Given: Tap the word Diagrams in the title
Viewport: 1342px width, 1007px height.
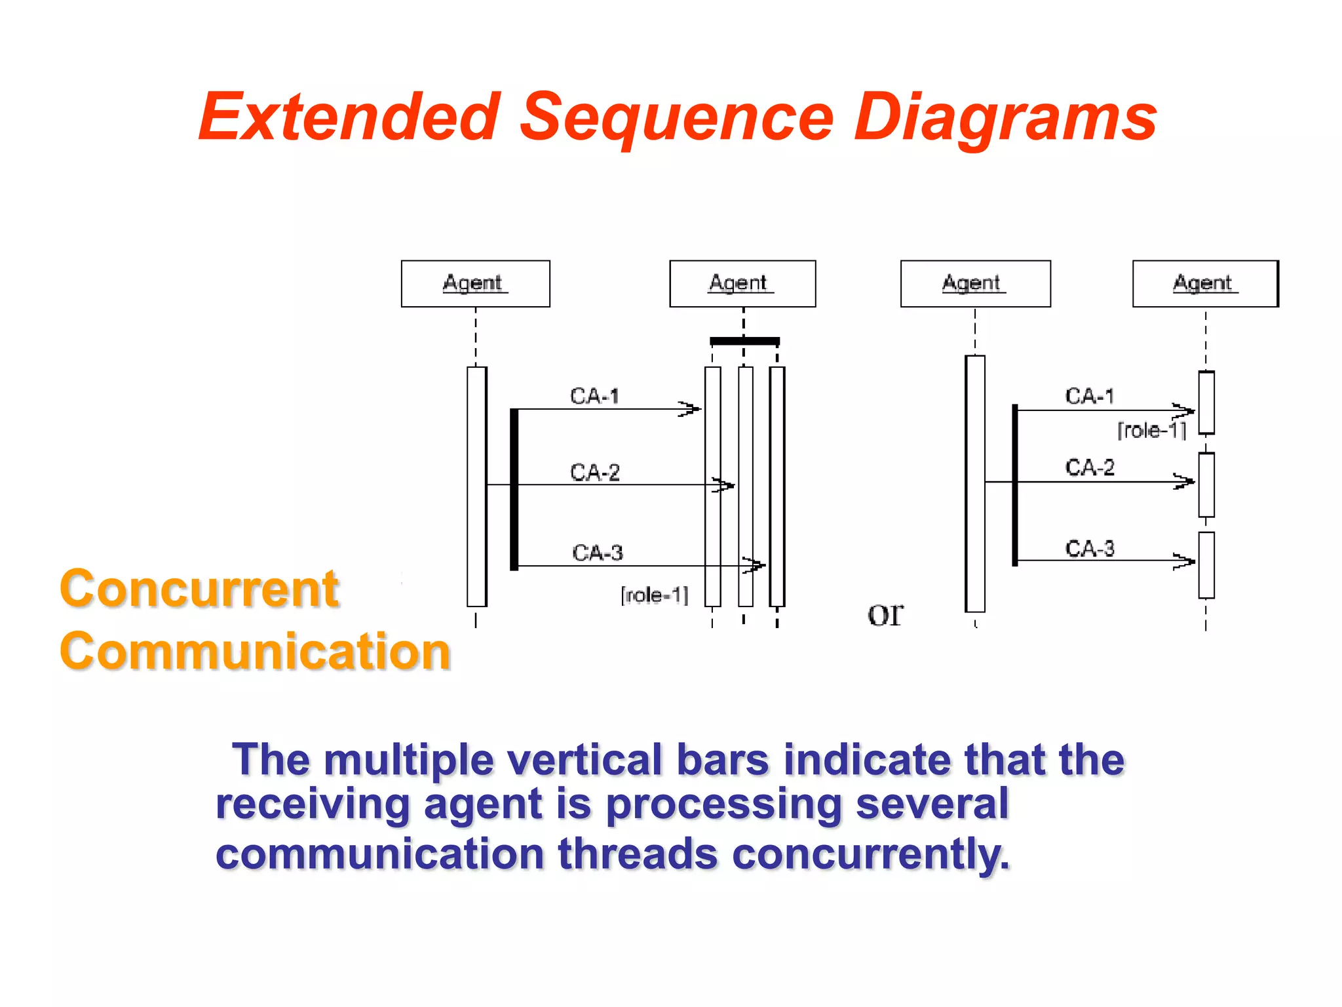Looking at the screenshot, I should click(1005, 118).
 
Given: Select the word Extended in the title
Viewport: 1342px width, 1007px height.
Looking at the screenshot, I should click(350, 118).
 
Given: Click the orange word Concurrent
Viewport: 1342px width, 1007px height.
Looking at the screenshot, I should click(199, 589).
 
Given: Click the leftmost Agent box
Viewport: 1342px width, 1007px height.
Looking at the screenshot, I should click(475, 284).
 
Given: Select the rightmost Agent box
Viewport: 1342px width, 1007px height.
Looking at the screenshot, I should click(1205, 284).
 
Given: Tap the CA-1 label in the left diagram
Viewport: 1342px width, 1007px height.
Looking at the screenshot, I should click(594, 396).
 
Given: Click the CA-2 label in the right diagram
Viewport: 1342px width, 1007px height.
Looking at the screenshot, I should click(1089, 467).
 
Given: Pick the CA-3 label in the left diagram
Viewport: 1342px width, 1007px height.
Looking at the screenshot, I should click(597, 553).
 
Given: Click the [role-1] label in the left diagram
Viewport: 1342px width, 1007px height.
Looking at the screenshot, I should click(654, 595).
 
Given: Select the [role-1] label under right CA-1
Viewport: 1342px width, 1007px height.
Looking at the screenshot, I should click(1151, 431).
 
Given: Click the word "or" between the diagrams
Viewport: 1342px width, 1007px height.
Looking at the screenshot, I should click(885, 614).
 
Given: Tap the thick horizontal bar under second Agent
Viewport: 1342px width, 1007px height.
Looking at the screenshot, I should click(744, 341).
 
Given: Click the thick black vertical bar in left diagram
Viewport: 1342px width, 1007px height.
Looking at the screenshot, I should click(514, 488).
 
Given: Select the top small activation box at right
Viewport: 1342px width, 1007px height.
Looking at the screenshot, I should click(1206, 403).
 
